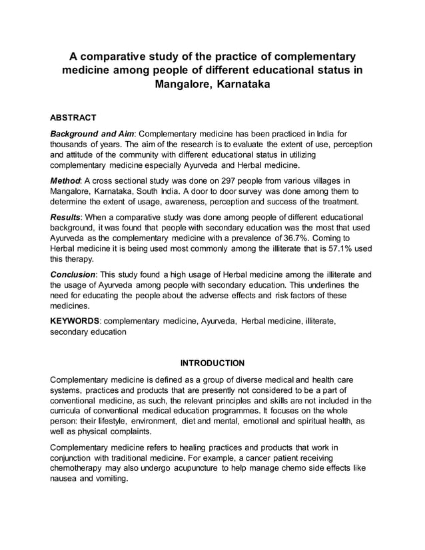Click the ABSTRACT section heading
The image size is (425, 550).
point(73,118)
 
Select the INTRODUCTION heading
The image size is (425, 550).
point(212,363)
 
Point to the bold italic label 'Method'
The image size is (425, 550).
point(65,181)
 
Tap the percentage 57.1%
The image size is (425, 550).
point(332,249)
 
